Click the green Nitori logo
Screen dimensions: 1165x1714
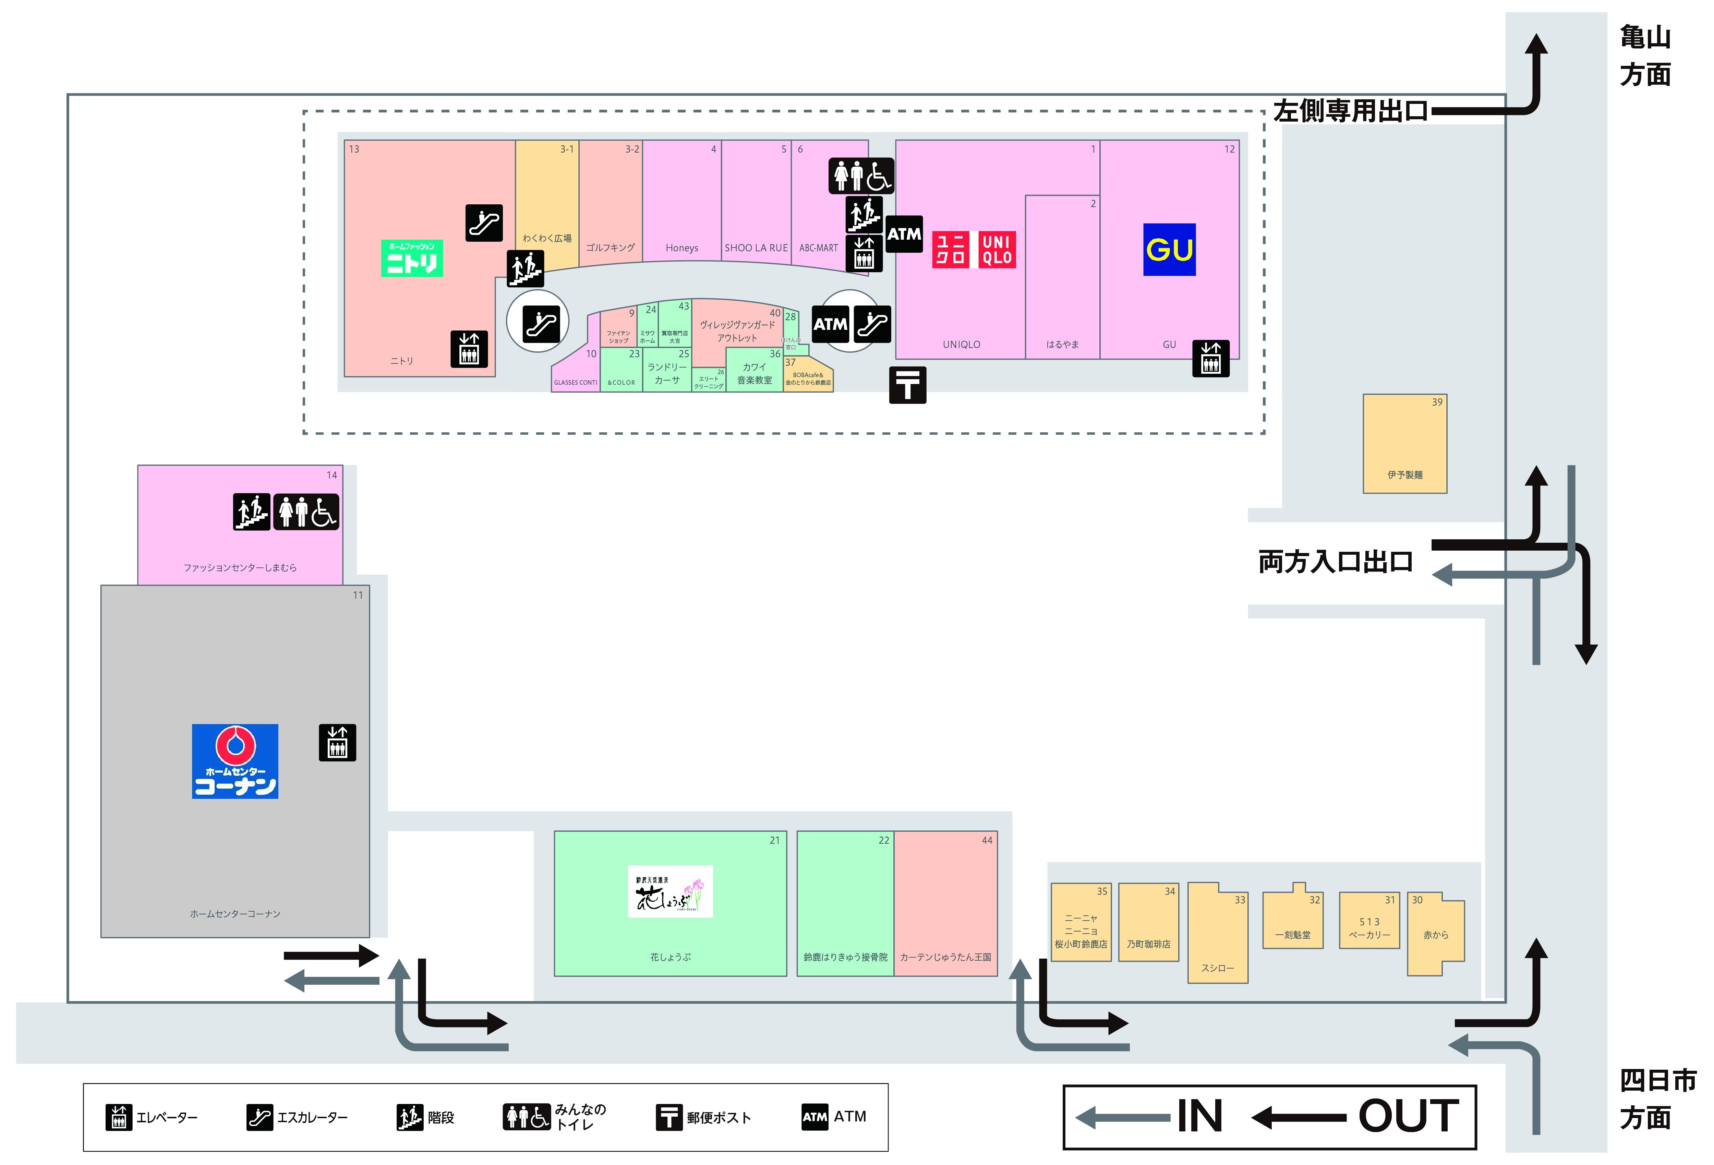[x=412, y=258]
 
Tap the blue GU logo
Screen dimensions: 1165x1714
[x=1169, y=249]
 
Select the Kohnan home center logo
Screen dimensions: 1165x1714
[x=235, y=761]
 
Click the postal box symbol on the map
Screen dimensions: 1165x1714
[x=907, y=384]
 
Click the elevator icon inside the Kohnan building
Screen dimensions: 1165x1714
[x=337, y=742]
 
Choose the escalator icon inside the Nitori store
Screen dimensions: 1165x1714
[x=484, y=223]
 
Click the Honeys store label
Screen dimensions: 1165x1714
[x=681, y=248]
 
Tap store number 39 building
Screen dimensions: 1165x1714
[x=1404, y=443]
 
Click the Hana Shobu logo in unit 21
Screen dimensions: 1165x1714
[x=670, y=891]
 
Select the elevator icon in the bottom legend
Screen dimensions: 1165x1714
[x=118, y=1117]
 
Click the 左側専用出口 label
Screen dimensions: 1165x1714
[x=1350, y=111]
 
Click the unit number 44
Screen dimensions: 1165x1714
[x=987, y=840]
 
